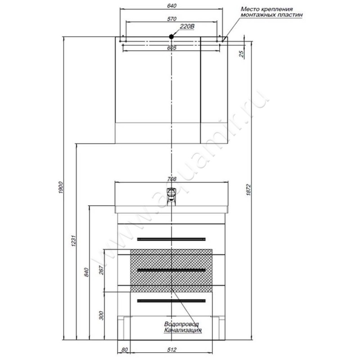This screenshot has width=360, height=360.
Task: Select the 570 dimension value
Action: coord(171,19)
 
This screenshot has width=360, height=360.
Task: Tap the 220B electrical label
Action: coord(186,27)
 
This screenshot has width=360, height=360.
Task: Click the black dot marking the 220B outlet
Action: coord(171,37)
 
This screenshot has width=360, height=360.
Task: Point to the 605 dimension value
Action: coord(171,48)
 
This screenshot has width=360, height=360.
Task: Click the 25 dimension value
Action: coord(242,54)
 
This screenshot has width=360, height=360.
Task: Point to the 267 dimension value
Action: coord(100,270)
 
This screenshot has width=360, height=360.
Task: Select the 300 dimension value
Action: coord(100,315)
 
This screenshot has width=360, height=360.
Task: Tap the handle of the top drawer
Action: coord(171,238)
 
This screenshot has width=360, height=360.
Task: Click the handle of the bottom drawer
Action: coord(171,301)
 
